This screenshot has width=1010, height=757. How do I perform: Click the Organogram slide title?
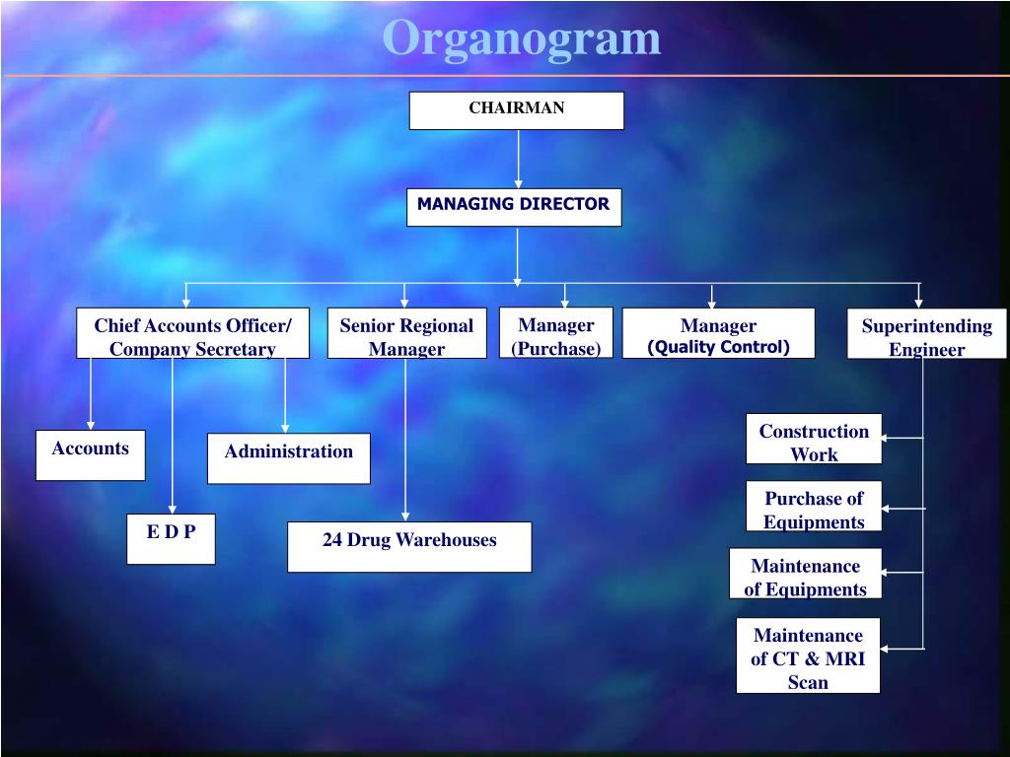(522, 38)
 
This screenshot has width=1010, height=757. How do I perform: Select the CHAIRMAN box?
(517, 110)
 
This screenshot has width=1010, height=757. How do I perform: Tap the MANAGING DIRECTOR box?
(514, 207)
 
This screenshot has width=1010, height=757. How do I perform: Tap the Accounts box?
(91, 455)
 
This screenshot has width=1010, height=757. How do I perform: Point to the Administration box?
(288, 458)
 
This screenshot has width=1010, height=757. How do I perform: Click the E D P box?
(171, 538)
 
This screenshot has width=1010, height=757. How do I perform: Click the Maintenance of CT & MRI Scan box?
(808, 655)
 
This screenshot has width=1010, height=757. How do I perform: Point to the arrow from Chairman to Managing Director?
(518, 158)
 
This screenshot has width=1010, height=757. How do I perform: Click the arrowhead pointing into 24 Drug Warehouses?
(405, 516)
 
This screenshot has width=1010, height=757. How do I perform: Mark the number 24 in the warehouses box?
(332, 540)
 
